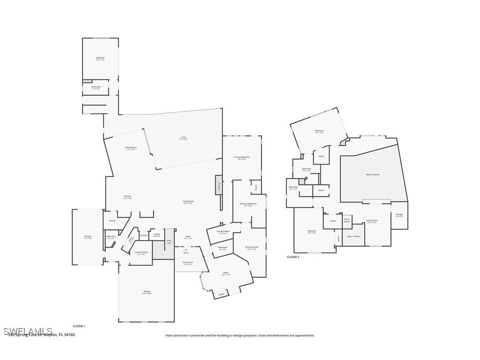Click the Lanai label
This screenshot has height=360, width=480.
183,138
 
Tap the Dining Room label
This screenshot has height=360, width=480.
131,148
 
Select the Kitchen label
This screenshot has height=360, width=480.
127,197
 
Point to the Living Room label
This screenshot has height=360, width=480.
188,202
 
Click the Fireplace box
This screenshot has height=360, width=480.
218,185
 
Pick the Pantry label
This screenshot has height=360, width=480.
112,220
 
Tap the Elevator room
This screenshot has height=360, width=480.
144,236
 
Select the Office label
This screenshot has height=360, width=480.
226,274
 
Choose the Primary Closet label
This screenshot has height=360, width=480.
252,248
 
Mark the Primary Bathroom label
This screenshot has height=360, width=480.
248,204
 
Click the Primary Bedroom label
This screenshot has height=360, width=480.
242,158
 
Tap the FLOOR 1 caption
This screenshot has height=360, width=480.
79,326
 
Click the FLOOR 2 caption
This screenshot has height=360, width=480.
293,257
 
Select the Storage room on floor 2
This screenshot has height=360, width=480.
399,215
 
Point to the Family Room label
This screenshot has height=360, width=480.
372,221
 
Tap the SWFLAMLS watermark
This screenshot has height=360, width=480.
27,331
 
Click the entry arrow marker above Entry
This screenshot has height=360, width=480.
186,249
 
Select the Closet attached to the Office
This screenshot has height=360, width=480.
221,294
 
